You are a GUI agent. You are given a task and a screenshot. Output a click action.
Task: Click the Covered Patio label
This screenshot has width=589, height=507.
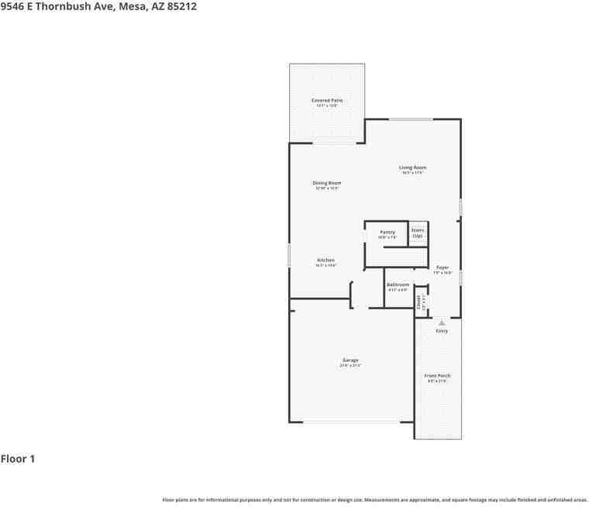(x=327, y=101)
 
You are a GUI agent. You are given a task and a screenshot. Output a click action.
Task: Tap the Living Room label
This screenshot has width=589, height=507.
(x=412, y=168)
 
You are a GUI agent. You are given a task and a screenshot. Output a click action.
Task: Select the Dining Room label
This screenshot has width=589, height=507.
(x=327, y=184)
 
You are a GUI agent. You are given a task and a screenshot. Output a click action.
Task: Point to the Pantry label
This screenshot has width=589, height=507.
(x=387, y=233)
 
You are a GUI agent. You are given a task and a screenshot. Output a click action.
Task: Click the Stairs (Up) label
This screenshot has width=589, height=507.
(x=417, y=232)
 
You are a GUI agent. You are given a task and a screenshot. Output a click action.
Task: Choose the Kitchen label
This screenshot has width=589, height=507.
(x=325, y=260)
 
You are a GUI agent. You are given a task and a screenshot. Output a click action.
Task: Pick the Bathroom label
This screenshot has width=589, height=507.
(x=398, y=285)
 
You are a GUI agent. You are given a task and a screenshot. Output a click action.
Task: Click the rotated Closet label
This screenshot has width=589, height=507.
(x=418, y=302)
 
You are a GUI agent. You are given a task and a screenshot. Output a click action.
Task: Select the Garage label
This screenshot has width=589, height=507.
(x=350, y=360)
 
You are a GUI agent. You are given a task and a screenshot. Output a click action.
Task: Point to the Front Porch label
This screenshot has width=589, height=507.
(x=437, y=376)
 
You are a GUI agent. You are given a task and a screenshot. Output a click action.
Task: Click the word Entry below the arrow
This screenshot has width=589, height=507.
(x=442, y=331)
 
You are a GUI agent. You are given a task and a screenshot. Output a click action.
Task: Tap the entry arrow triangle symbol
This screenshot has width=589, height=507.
(x=442, y=322)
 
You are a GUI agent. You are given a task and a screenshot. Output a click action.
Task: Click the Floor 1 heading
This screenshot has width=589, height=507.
(x=18, y=459)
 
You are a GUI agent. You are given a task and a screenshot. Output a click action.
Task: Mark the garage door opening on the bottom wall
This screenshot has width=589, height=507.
(x=350, y=422)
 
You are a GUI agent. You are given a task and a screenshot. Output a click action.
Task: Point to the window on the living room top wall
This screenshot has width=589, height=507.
(x=410, y=119)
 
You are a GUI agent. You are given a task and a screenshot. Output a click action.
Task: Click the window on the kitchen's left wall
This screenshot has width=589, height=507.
(x=290, y=255)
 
